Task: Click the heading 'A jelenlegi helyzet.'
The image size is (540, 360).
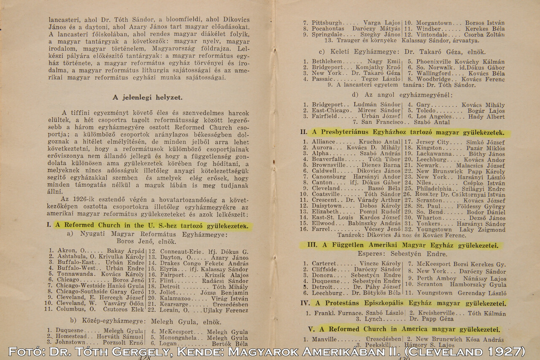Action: click(147, 97)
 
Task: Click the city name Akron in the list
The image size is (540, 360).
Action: click(65, 251)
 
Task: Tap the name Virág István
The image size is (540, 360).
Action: click(230, 298)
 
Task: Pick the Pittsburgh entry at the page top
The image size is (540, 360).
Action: click(327, 23)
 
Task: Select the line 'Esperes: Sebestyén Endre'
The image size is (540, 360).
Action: click(402, 254)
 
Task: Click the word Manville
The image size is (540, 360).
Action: click(324, 339)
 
